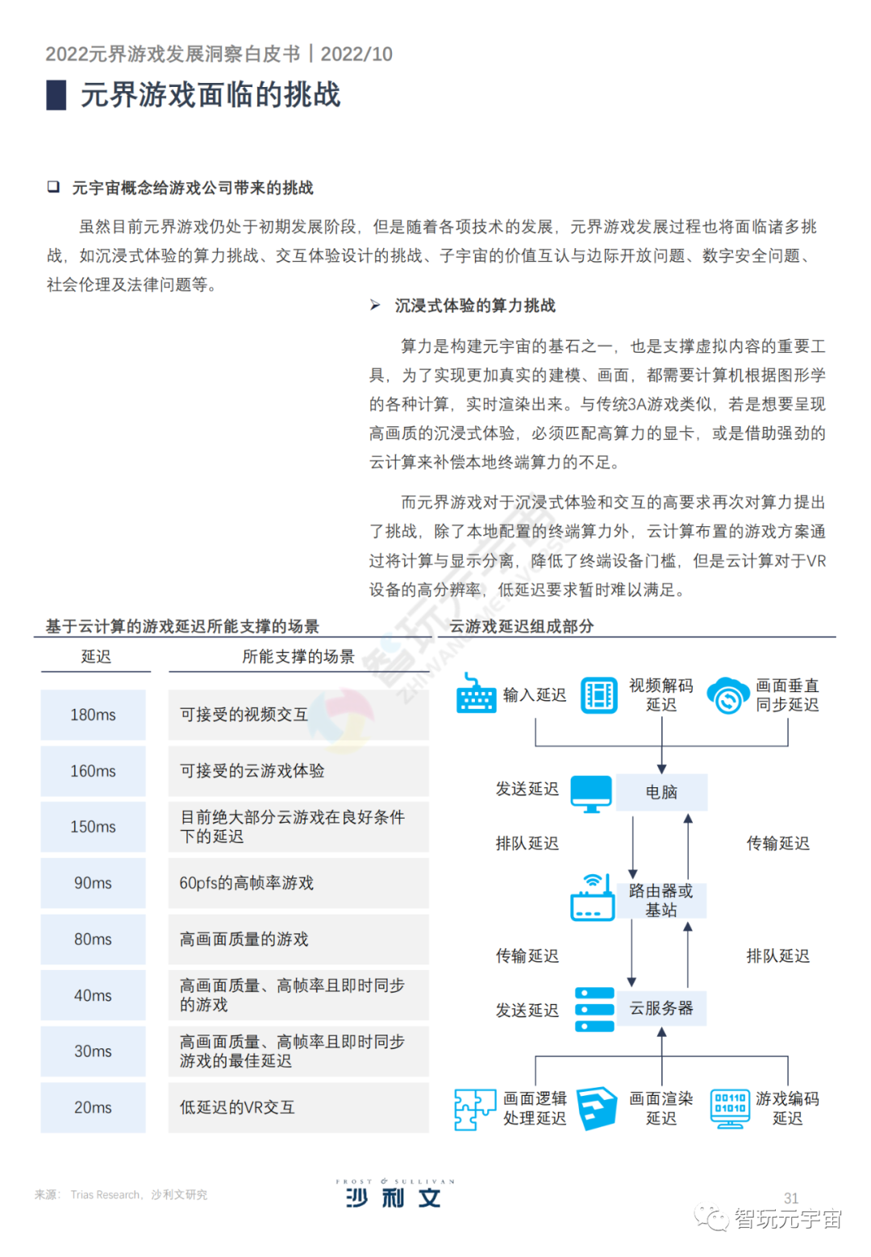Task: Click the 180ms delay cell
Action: click(93, 715)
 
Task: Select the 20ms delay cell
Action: click(93, 1107)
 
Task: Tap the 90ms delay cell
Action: click(93, 883)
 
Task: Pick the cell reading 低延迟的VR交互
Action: click(298, 1107)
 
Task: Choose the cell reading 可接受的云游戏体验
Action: click(298, 771)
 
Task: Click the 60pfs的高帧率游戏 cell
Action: click(298, 883)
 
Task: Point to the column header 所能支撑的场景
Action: click(298, 657)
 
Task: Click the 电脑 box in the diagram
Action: click(661, 792)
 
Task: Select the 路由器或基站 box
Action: click(661, 900)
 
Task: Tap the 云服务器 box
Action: click(661, 1008)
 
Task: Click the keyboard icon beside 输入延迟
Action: click(476, 694)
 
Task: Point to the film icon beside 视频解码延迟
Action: click(599, 695)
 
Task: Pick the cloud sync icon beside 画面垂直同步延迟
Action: click(728, 695)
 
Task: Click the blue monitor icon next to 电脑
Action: click(591, 794)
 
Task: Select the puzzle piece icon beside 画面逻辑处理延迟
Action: click(474, 1109)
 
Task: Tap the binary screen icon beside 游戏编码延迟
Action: click(729, 1108)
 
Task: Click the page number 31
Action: click(791, 1198)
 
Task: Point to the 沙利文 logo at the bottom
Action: click(394, 1194)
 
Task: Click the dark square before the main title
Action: click(56, 95)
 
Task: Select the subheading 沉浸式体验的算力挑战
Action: click(475, 305)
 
